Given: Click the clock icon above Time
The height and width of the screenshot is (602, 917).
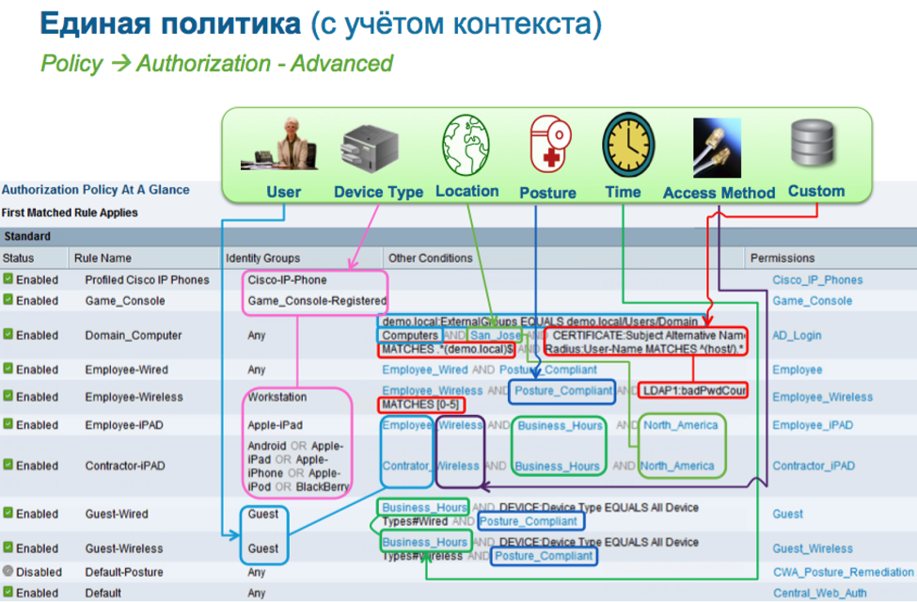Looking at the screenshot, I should click(623, 145).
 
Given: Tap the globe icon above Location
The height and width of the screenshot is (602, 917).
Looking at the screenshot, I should click(466, 145).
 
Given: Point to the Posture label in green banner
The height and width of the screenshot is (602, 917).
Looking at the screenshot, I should click(547, 193).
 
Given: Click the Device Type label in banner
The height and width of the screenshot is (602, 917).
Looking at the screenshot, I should click(378, 192).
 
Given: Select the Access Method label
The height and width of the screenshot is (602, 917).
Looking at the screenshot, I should click(719, 193).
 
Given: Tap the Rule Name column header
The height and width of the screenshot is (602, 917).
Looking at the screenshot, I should click(103, 258).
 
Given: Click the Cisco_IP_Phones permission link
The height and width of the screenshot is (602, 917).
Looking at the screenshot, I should click(816, 280).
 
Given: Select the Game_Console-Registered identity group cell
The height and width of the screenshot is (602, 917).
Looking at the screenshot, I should click(317, 301).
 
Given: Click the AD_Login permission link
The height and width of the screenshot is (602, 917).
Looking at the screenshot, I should click(797, 336).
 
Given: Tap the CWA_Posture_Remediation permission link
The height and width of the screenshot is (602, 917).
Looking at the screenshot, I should click(843, 572).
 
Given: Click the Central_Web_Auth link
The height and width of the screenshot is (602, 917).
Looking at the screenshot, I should click(820, 594).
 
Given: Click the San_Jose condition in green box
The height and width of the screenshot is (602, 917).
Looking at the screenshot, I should click(496, 336).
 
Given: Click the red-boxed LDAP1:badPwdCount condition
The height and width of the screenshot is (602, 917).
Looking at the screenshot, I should click(694, 389).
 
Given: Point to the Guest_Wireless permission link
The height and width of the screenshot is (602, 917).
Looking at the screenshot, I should click(812, 548).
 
